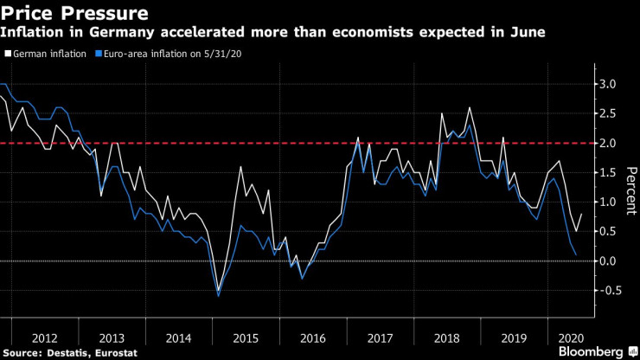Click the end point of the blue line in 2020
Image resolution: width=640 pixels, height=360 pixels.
click(x=577, y=254)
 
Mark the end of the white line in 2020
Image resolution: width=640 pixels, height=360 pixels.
click(x=582, y=214)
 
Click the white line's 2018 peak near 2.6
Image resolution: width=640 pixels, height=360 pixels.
click(x=470, y=107)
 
